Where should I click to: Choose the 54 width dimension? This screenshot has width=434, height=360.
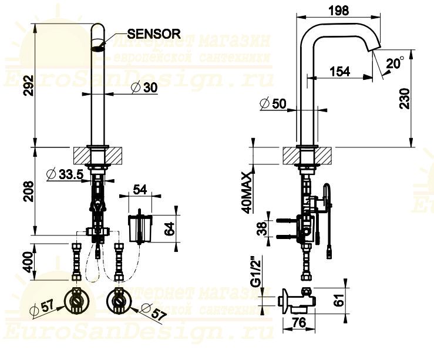click(x=140, y=189)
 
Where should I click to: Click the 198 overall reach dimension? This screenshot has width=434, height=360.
click(x=338, y=10)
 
